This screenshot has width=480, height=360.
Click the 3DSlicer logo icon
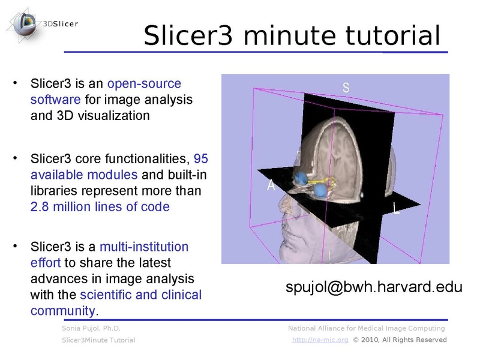click(x=25, y=25)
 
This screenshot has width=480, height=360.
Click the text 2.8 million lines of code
click(x=100, y=206)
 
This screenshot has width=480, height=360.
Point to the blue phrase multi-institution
click(x=144, y=247)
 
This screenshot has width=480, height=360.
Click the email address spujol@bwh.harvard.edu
click(x=373, y=287)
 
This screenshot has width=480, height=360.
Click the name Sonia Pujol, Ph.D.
click(x=91, y=328)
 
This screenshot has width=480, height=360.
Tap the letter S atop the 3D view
click(x=346, y=87)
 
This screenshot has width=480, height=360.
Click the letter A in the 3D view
click(x=271, y=186)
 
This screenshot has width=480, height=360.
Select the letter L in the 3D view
click(x=397, y=209)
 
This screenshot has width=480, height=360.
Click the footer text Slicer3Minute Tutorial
click(x=98, y=340)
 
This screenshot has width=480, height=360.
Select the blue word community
click(x=63, y=311)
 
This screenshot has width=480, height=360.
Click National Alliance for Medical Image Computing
click(x=366, y=328)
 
